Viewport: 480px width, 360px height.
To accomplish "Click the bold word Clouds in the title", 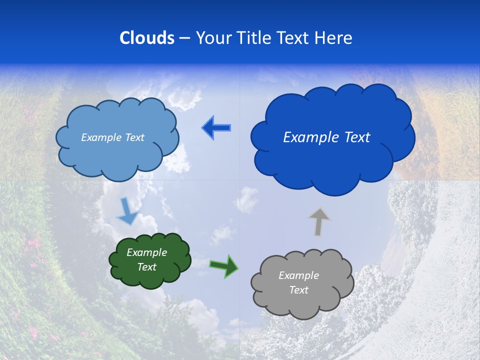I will (x=147, y=38).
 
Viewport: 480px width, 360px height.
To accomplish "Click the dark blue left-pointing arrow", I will (x=216, y=128).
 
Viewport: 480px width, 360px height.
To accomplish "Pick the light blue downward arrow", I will (x=127, y=211).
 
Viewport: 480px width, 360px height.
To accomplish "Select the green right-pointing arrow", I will (x=224, y=265).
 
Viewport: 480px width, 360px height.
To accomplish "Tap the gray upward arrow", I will (x=319, y=221).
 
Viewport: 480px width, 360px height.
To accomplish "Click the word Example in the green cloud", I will (x=146, y=252).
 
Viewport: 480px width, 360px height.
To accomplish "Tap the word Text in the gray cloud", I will (x=298, y=290).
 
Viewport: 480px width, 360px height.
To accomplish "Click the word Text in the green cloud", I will (x=146, y=267).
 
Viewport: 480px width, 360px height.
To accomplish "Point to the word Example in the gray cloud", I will (x=298, y=275).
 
